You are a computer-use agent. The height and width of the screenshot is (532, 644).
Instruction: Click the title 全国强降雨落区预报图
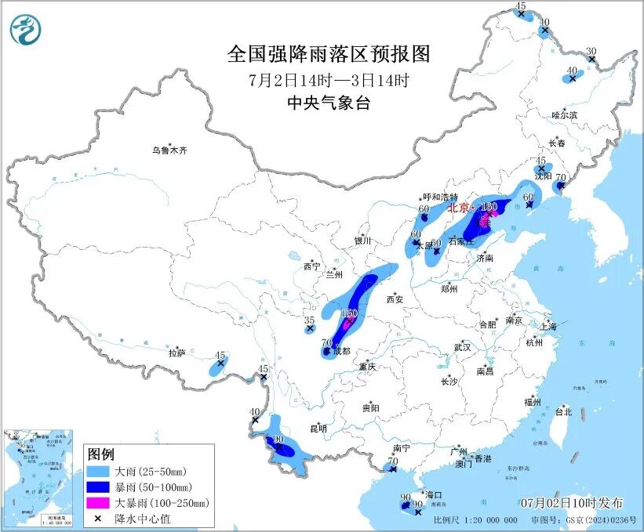329,54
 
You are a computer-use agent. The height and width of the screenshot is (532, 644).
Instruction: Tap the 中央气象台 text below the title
329,103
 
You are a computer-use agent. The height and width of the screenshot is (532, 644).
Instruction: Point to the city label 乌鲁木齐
170,150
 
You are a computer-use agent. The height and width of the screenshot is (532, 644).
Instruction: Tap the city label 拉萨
176,353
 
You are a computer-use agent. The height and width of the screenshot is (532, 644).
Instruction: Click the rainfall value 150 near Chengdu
349,313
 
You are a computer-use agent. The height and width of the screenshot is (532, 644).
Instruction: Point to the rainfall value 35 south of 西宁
310,320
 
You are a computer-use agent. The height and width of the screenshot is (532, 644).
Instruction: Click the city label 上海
548,326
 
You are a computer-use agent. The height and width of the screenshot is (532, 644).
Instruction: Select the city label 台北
563,411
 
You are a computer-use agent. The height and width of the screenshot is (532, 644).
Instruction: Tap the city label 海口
434,495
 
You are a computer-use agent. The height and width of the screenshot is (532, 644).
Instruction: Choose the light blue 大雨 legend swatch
99,472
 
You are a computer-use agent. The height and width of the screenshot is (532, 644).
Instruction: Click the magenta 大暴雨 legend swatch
99,503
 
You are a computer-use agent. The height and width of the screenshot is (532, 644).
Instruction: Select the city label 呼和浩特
439,197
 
